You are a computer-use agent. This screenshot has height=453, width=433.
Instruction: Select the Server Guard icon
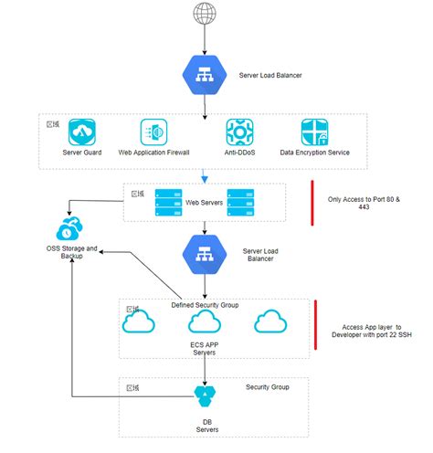(87, 132)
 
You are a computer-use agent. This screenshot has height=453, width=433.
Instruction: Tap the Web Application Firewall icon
(154, 132)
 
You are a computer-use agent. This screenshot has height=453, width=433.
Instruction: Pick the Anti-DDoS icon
(239, 132)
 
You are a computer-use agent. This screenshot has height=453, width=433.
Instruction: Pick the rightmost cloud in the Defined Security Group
(270, 322)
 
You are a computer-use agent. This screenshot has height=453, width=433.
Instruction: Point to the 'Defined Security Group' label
(205, 305)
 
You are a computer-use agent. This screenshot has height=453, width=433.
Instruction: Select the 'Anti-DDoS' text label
(239, 152)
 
